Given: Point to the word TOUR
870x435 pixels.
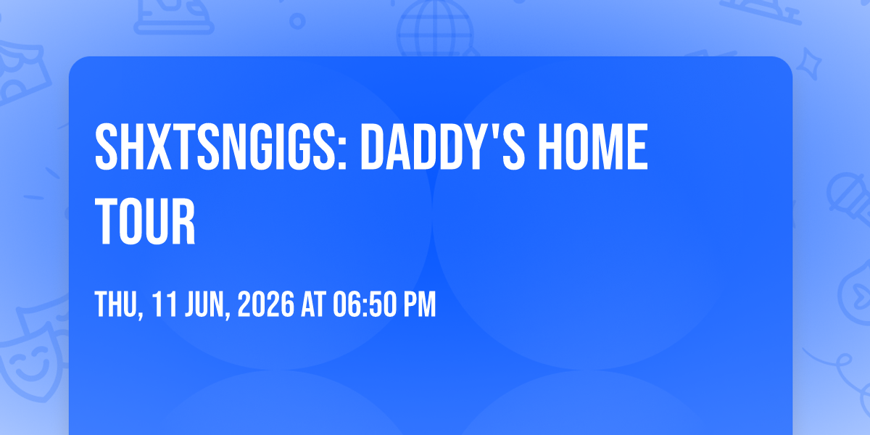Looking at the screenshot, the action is point(145,221).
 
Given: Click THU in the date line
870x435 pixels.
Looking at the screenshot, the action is point(116,304).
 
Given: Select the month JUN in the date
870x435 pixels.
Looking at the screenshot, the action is point(204,304).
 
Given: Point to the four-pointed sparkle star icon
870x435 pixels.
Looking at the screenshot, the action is point(809,64).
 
